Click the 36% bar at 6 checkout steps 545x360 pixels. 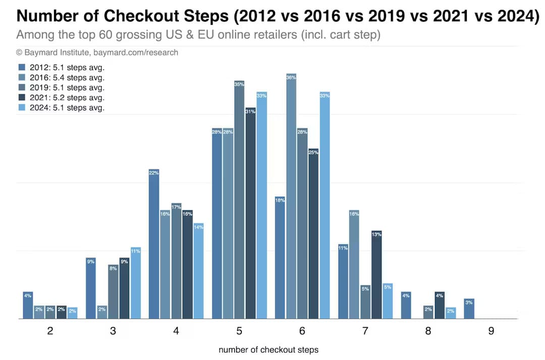(x=291, y=197)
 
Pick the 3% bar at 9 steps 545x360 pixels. (x=469, y=309)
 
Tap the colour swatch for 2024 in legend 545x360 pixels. (x=22, y=107)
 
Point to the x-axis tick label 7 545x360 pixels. (x=365, y=331)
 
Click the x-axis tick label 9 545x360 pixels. (x=490, y=331)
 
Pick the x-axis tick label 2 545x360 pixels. (x=49, y=331)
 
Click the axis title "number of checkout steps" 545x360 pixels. (x=268, y=349)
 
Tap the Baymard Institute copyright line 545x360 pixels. (x=97, y=52)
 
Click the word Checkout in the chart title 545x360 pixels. (x=144, y=16)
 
